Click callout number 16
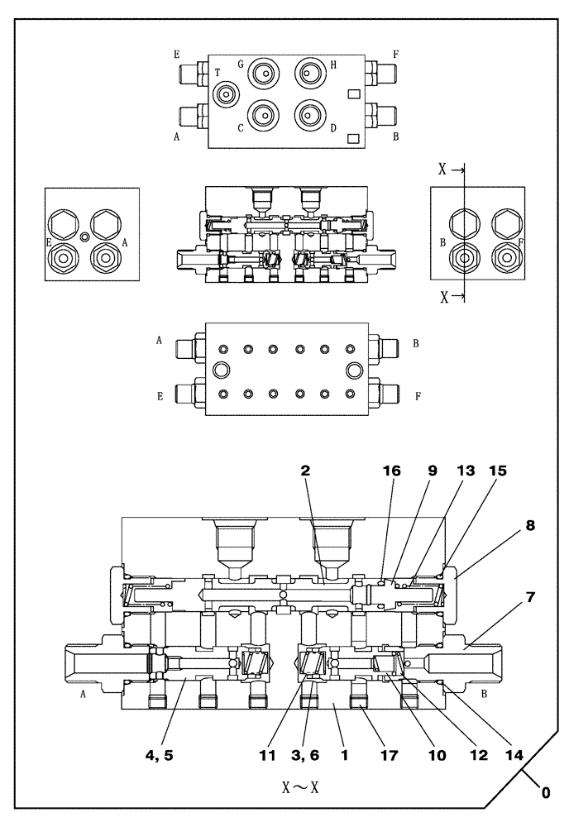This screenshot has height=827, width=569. (391, 471)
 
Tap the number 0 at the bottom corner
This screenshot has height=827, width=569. (545, 792)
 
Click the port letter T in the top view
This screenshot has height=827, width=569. (218, 73)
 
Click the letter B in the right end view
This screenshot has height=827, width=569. (443, 242)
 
